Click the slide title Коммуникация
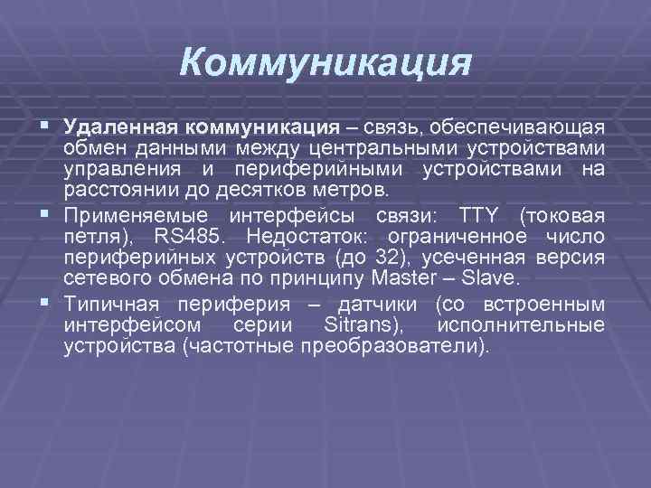pos(325,63)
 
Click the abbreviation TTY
pos(481,215)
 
